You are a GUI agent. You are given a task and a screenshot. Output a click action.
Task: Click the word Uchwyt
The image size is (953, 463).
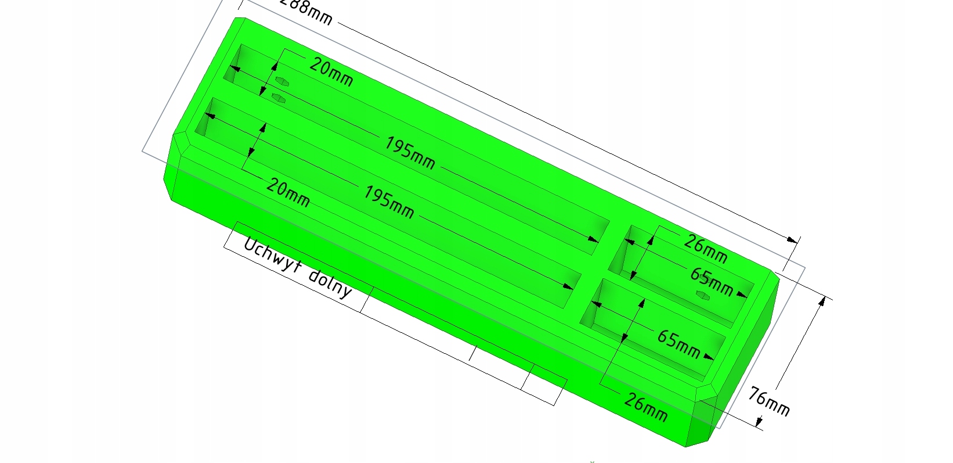pos(271,257)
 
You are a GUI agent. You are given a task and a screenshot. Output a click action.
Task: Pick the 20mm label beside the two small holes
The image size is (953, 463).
pos(331,72)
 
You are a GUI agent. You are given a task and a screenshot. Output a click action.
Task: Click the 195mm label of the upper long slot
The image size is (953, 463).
pos(410,153)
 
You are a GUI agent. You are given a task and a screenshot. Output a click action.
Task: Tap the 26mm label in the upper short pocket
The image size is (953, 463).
pos(705,247)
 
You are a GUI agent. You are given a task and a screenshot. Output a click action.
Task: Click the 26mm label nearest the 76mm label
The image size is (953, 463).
pos(645,406)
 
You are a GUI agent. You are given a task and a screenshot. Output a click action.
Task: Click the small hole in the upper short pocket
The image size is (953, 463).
pos(703,296)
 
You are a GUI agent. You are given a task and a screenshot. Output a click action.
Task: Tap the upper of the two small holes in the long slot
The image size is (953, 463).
pos(282,81)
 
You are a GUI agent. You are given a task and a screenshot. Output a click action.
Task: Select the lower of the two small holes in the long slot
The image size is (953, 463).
pos(279,98)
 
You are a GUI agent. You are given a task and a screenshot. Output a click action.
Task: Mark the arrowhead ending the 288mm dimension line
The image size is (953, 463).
pos(792,239)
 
